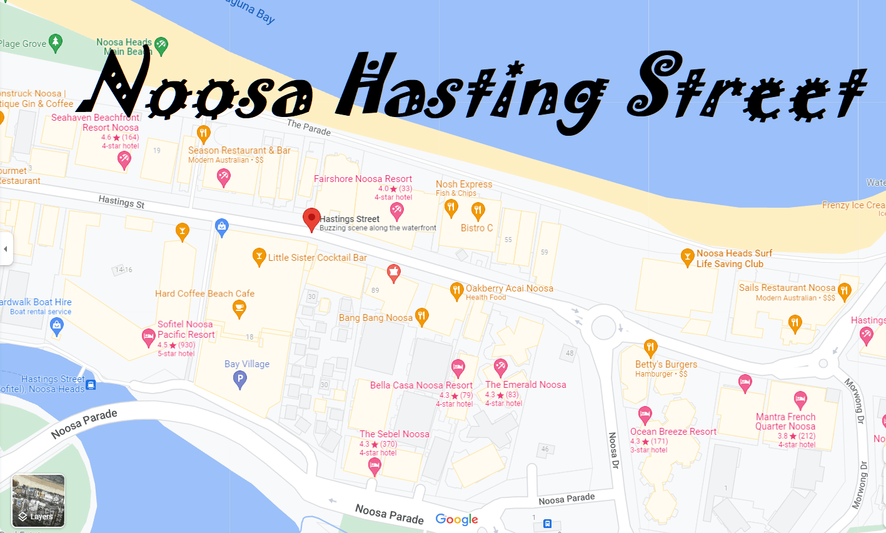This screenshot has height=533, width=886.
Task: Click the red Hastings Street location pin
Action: coord(311,220)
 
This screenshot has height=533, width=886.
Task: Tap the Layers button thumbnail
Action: coord(38,500)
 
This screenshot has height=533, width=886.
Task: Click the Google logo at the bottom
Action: coord(456,519)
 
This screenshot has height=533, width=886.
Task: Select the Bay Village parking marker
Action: coord(239,378)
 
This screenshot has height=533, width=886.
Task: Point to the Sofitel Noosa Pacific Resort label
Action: coord(186,329)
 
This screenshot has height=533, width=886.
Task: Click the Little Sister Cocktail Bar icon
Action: coord(259,256)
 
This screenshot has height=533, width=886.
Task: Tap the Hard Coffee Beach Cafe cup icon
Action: coord(239,308)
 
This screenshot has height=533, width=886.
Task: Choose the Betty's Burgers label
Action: coord(666,364)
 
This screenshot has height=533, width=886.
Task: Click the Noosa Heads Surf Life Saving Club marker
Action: coord(687,256)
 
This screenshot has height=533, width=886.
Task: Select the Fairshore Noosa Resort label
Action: coord(363,179)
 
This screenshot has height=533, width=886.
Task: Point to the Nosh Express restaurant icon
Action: coord(451,208)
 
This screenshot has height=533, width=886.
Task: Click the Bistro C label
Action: coord(476,228)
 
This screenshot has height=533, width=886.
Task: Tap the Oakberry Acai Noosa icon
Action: coord(456,291)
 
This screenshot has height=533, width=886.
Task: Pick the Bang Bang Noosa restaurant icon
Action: coord(422,317)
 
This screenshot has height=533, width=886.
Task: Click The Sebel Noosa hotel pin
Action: coord(375,465)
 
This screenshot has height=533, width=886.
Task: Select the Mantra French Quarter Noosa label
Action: coord(785,421)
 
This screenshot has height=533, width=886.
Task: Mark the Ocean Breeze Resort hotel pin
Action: coord(645,414)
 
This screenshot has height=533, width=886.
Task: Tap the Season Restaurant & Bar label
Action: coord(239,150)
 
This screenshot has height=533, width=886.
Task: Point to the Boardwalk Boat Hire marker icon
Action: coord(57,326)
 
